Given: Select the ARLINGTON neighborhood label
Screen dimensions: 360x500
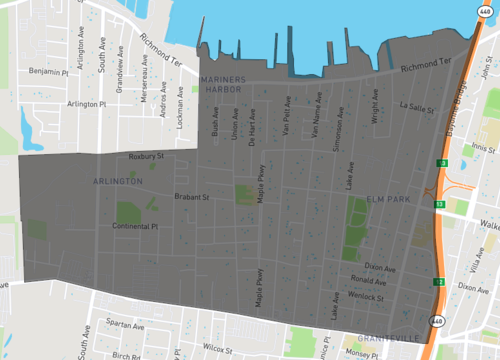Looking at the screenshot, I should click(118, 182).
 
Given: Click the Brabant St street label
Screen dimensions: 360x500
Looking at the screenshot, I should click(190, 197).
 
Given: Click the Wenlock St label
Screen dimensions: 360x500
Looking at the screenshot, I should click(368, 297).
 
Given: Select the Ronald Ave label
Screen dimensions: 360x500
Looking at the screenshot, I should click(369, 281).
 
